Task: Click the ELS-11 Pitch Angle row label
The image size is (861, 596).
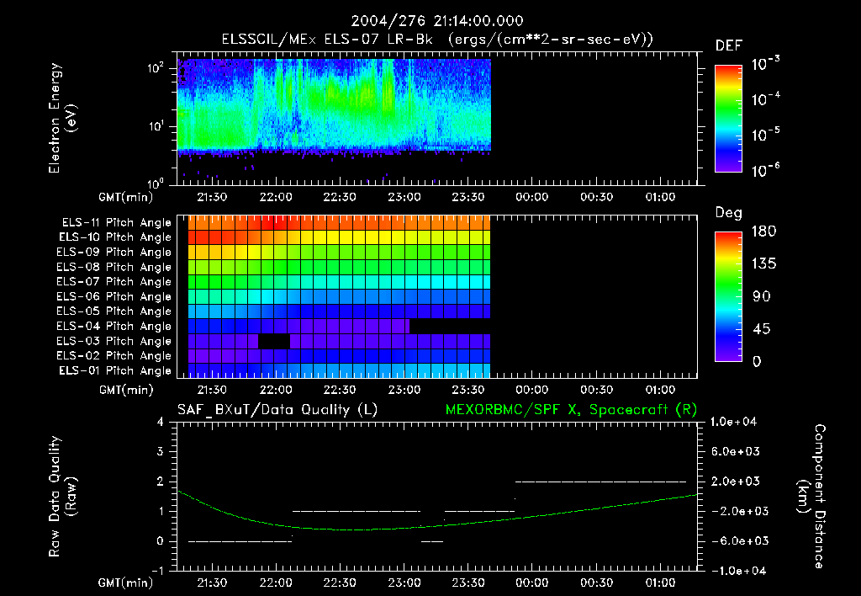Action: [116, 222]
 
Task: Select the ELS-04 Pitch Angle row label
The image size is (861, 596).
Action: [116, 327]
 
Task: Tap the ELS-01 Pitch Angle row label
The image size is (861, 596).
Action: [116, 371]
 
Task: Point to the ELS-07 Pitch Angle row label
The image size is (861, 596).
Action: [116, 282]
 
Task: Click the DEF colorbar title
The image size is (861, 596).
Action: [728, 45]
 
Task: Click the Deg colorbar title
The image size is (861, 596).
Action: [728, 213]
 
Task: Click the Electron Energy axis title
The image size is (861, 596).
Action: [63, 120]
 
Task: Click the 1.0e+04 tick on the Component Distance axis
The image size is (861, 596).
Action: [737, 422]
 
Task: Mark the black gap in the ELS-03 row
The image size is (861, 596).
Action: [275, 341]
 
